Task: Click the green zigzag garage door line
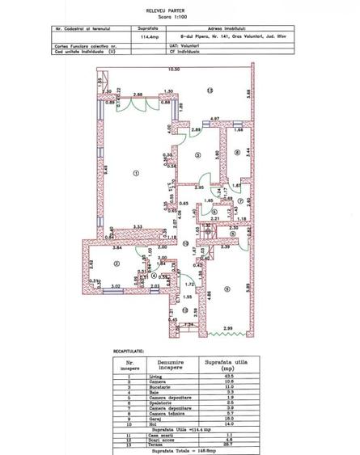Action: click(230, 335)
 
